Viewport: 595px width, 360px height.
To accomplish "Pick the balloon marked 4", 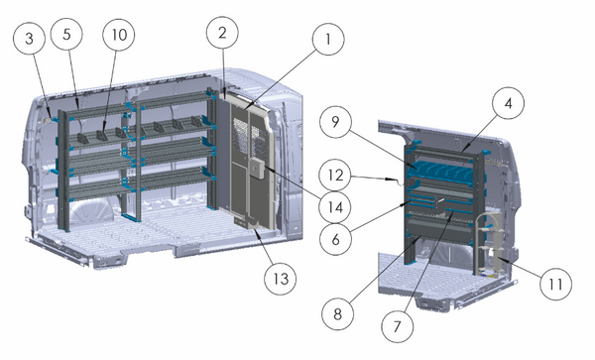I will pos(507,104).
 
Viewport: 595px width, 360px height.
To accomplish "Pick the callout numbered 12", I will pos(338,177).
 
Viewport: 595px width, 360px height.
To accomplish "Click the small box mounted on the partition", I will pos(255,168).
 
